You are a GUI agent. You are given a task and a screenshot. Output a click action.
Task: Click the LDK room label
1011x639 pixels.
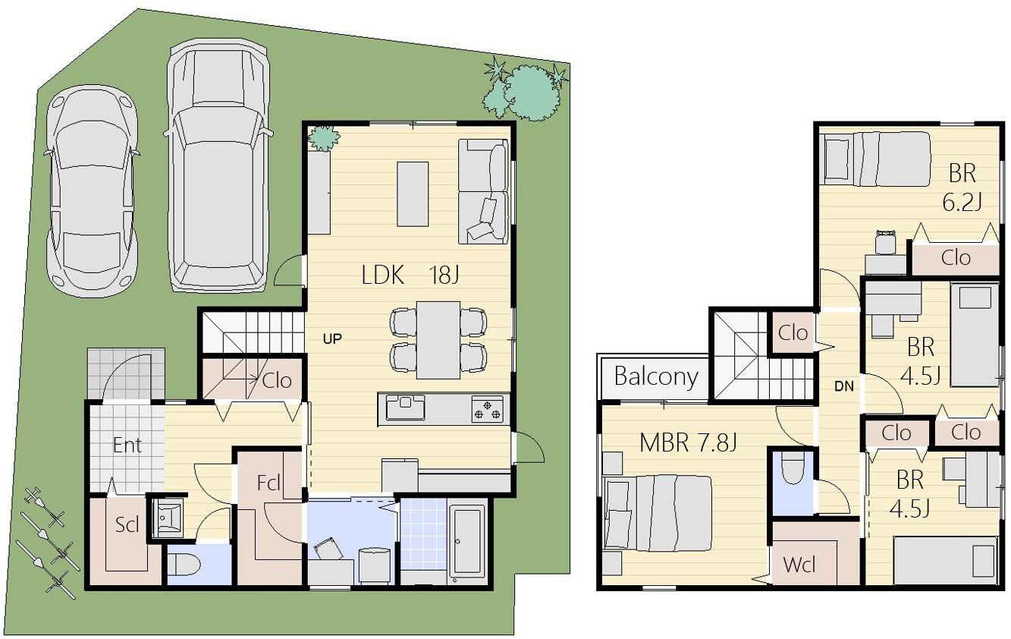[x=383, y=275]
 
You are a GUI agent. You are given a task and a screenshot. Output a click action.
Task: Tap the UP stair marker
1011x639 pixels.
[x=332, y=338]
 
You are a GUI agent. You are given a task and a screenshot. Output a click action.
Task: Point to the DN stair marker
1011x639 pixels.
[x=844, y=386]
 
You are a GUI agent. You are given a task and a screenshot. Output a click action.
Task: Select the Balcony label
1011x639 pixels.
[x=656, y=377]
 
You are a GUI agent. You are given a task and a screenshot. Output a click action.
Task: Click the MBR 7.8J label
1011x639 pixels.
[x=688, y=442]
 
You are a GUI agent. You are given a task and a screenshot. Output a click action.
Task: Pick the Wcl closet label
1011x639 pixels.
[x=799, y=565]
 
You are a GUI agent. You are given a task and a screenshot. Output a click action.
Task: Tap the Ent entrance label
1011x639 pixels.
[x=127, y=445]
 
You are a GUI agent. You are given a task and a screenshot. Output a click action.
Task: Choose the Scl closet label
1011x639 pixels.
[x=127, y=524]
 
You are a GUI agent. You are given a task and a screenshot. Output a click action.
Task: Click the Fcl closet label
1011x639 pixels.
[x=268, y=483]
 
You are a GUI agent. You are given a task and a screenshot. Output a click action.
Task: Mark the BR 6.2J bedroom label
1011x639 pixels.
[x=962, y=188]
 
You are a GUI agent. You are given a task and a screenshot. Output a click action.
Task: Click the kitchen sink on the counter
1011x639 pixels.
[x=405, y=408]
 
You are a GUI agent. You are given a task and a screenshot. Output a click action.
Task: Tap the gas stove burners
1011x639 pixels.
[x=488, y=409]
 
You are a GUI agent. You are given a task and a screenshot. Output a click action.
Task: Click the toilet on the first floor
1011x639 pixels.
[x=184, y=565]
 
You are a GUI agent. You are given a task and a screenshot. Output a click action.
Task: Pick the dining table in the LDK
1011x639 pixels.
[x=438, y=340]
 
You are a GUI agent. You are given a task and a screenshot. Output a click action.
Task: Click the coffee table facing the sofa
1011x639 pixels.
[x=413, y=194]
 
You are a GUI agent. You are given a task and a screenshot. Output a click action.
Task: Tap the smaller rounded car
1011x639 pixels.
[x=92, y=190]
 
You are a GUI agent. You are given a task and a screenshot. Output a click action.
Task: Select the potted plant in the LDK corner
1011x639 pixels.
[x=323, y=137]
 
